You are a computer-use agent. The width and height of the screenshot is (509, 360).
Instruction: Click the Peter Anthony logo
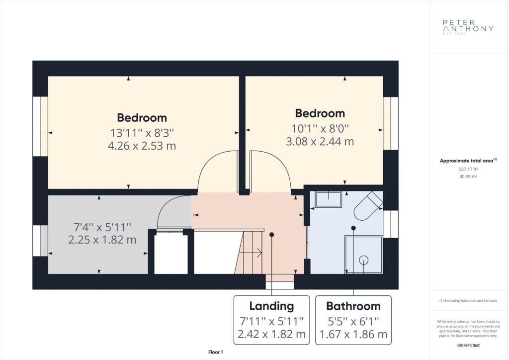[468, 27]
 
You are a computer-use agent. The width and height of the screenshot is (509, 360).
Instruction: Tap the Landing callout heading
[272, 306]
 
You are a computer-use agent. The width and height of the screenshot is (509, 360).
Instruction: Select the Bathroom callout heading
[353, 306]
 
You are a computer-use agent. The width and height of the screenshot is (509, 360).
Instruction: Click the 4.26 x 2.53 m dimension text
[142, 146]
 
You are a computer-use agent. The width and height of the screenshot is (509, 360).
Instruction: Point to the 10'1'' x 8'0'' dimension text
[320, 129]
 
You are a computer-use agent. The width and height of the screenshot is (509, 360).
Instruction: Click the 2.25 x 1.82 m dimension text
[102, 240]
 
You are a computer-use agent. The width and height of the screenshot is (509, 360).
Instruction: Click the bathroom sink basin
[329, 199]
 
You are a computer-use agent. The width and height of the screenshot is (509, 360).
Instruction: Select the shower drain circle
[363, 260]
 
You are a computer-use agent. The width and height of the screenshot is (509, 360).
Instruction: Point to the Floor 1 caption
[216, 352]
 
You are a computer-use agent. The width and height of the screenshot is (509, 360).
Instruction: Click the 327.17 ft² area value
[468, 169]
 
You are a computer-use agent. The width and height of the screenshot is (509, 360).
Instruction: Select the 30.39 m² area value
[468, 177]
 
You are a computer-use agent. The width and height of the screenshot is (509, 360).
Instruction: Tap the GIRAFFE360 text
[468, 346]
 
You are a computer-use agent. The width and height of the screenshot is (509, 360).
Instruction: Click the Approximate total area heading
[468, 161]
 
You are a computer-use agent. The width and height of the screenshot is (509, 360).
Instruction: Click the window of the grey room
[40, 240]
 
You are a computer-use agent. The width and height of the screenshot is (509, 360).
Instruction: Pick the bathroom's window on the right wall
[391, 224]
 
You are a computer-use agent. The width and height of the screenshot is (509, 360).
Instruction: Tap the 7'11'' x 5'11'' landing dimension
[272, 321]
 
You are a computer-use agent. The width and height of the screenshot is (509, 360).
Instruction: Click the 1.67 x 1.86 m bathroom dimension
[353, 334]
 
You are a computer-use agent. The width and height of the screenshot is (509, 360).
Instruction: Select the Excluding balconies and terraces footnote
[468, 301]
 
